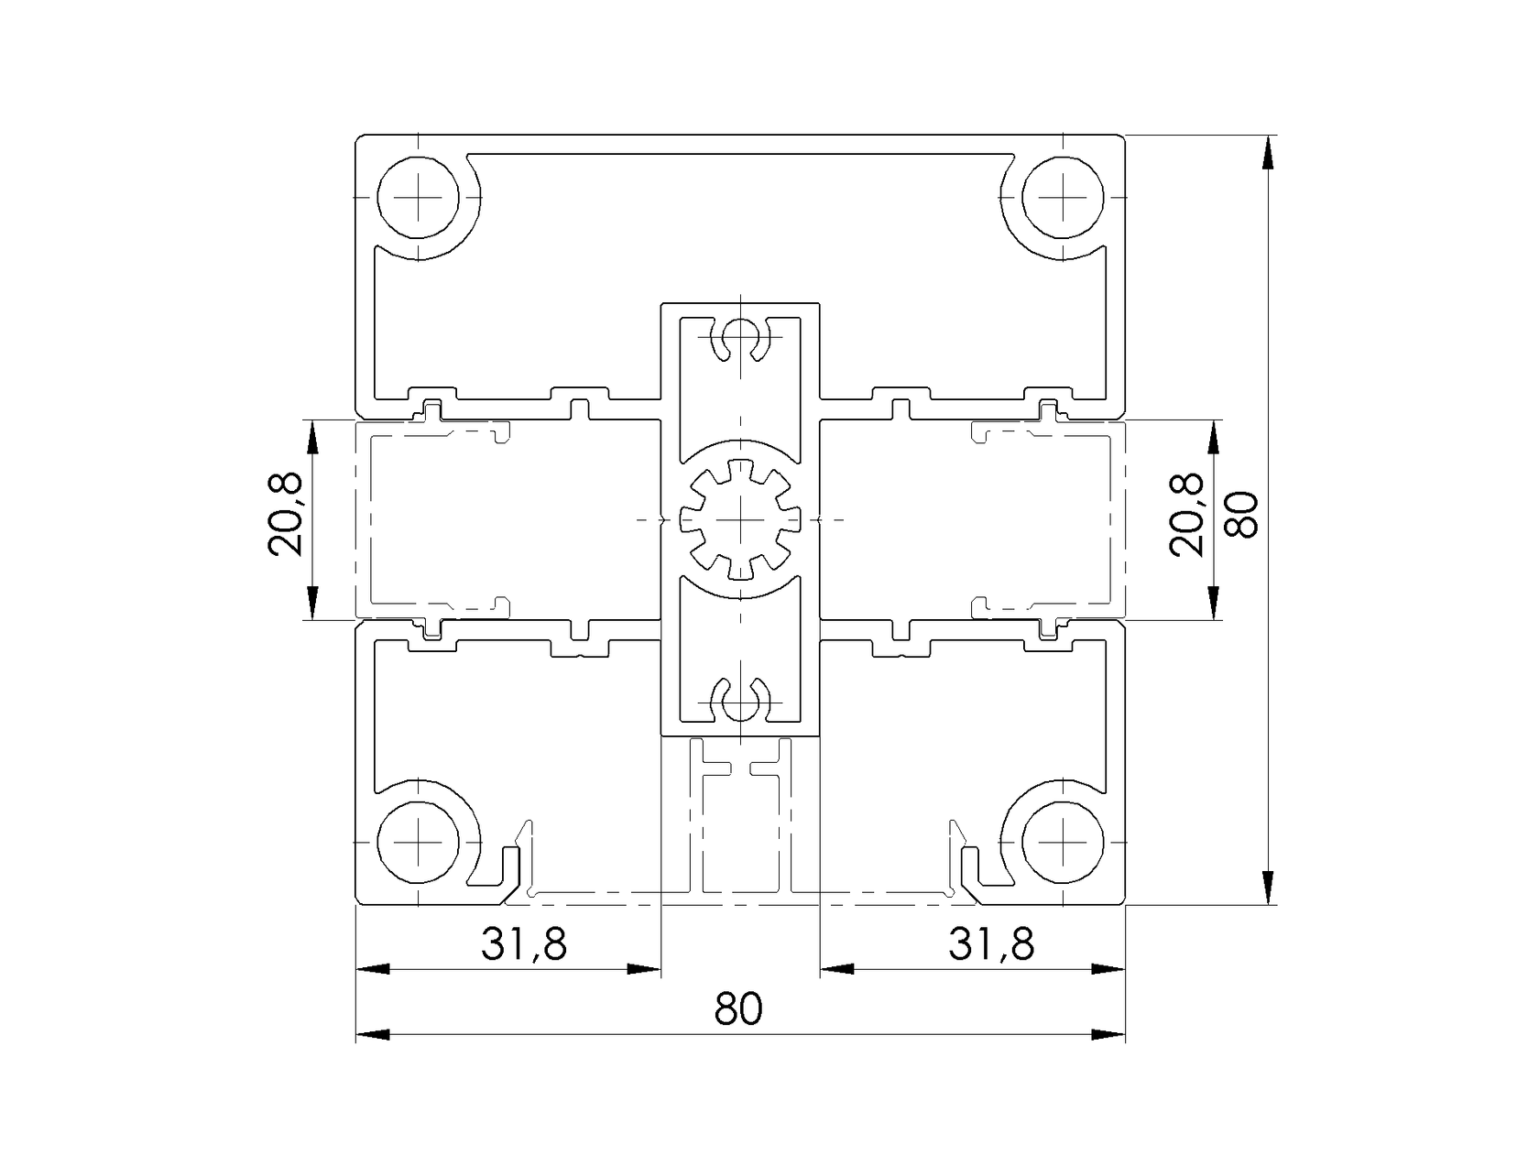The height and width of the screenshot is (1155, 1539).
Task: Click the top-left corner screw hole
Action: point(419,199)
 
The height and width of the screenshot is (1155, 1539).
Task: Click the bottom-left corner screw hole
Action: point(419,841)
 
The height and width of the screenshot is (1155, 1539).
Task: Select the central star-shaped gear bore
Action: point(740,519)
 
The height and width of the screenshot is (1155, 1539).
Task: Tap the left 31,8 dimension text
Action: point(524,943)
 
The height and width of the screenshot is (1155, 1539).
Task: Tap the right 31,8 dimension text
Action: point(991,943)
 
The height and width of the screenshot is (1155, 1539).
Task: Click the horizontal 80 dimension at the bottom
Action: point(738,1009)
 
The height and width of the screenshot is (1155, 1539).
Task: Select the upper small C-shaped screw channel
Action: point(740,340)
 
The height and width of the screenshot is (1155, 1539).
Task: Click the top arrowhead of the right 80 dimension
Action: point(1267,152)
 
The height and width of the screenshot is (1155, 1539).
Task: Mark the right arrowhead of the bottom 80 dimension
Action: point(1108,1035)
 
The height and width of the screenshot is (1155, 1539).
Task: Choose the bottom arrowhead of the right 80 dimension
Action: point(1267,888)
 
